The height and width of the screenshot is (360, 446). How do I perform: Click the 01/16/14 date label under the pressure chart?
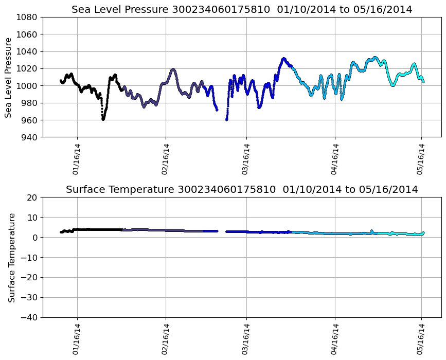pyautogui.click(x=76, y=159)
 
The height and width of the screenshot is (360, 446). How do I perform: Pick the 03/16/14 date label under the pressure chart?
pyautogui.click(x=246, y=159)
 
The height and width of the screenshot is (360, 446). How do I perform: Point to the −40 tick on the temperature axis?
pyautogui.click(x=29, y=317)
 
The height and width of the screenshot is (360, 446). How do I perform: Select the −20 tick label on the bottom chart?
pyautogui.click(x=29, y=278)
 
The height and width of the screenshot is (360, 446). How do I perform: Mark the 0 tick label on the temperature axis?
pyautogui.click(x=35, y=238)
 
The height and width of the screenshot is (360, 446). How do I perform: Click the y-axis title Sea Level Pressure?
pyautogui.click(x=9, y=77)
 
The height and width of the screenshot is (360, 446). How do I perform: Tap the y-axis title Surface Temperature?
pyautogui.click(x=11, y=257)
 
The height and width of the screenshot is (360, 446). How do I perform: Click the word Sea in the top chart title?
pyautogui.click(x=81, y=10)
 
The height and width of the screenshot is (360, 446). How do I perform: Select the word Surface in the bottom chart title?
pyautogui.click(x=84, y=190)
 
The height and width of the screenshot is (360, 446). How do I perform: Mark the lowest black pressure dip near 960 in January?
pyautogui.click(x=103, y=119)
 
